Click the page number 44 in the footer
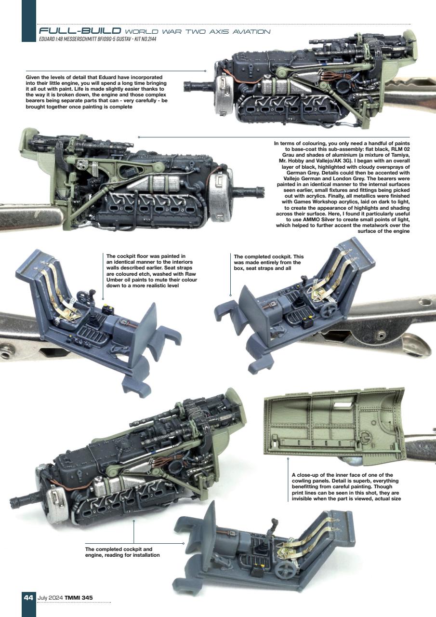tap(28, 598)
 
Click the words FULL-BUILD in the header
tap(79, 32)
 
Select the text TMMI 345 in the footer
tap(80, 598)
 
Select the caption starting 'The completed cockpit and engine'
tap(122, 552)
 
